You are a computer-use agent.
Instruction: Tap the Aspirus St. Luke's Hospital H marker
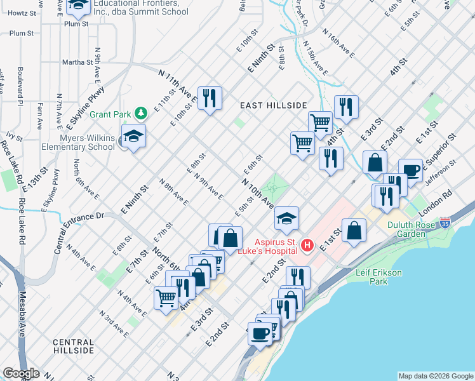307,244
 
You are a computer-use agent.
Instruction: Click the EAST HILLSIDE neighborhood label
273,105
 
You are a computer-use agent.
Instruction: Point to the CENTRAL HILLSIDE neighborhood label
73,346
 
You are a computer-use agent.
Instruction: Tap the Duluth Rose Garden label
417,229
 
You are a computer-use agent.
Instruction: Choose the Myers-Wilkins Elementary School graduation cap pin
133,137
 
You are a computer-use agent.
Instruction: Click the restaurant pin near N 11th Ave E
209,98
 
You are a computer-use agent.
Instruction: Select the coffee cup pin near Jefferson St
410,171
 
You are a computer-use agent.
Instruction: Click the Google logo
21,373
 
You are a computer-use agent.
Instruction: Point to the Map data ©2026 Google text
436,376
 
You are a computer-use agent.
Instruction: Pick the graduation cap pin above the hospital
287,219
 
